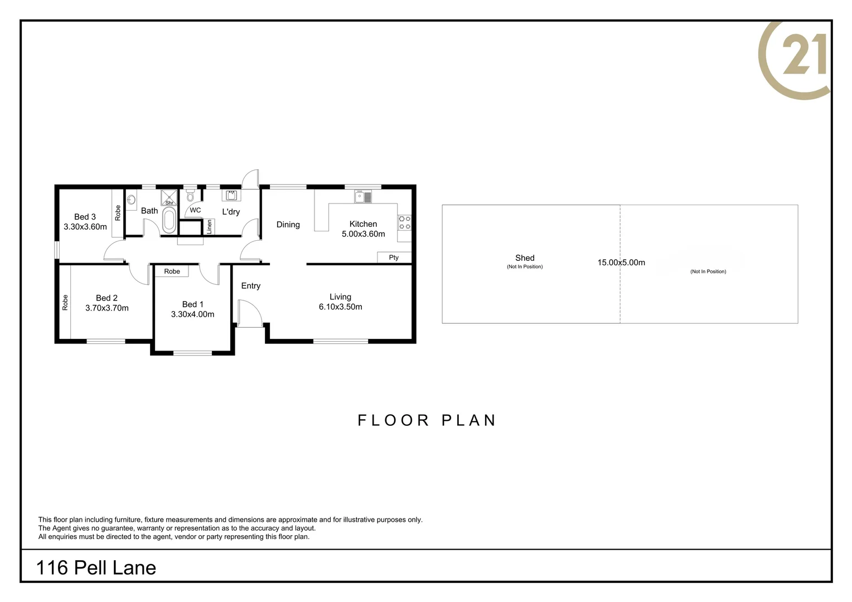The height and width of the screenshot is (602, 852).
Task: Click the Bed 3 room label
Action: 85,217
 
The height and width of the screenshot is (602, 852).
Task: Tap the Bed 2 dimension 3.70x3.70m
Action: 107,308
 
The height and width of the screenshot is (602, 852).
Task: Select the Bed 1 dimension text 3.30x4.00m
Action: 192,314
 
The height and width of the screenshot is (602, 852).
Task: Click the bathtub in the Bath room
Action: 170,220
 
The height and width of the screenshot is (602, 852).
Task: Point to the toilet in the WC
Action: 190,196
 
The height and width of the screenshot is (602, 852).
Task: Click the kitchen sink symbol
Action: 363,197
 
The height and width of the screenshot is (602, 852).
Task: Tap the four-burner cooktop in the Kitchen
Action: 404,222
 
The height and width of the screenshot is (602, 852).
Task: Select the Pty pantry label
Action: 394,258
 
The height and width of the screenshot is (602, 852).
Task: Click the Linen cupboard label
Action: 209,227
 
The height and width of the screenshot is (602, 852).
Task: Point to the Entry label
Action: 251,285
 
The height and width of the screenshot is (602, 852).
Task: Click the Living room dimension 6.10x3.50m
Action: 341,307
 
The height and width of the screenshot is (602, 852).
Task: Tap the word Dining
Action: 288,225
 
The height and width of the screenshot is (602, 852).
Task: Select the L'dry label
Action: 231,212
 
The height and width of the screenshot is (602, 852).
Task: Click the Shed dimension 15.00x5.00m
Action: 621,263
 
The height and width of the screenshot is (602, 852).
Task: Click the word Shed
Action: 525,258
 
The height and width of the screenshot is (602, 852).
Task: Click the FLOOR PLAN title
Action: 427,420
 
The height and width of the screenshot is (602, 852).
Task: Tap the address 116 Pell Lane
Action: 96,568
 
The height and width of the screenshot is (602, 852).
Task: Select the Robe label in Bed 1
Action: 172,271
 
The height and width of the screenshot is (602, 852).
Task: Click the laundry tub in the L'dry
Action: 231,196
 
